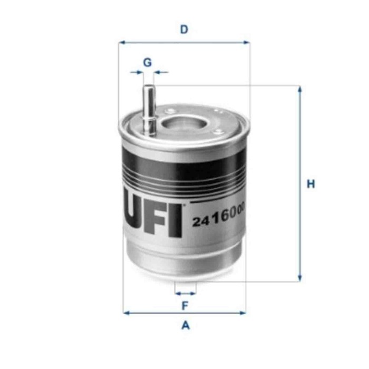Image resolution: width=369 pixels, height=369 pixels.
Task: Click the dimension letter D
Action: point(184,29)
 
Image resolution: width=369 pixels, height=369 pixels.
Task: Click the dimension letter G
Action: point(148,62)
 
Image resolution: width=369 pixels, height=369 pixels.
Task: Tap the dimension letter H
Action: point(311,184)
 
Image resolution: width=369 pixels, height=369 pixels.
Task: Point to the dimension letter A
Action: point(185,326)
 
